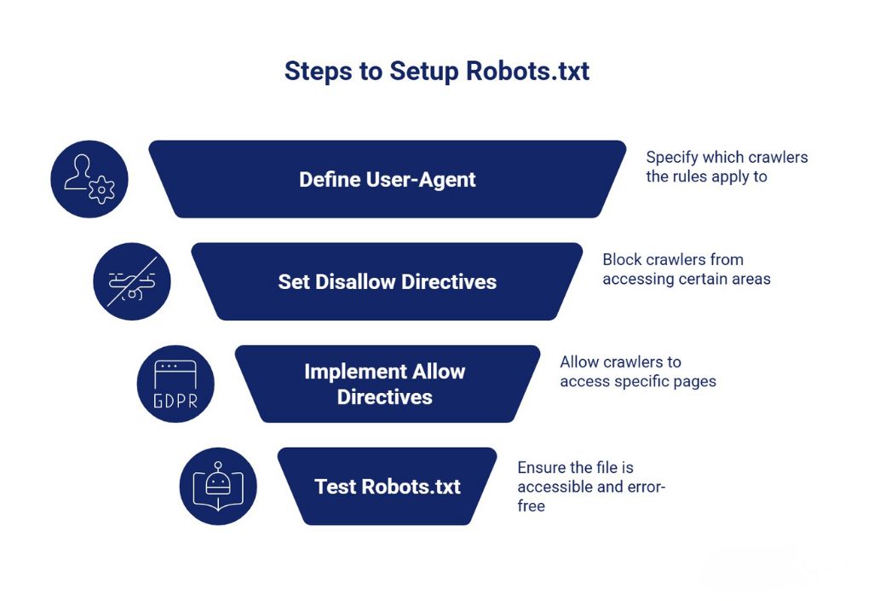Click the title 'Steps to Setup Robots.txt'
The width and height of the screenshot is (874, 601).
436,71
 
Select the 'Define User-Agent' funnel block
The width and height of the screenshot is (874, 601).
388,180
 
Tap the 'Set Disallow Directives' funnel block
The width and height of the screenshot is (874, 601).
387,282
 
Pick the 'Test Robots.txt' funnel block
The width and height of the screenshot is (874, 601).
388,487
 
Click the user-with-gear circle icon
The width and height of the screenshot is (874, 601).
89,179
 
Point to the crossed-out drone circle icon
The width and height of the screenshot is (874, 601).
132,282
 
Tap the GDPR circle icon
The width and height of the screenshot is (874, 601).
175,384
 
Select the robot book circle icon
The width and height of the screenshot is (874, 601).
218,487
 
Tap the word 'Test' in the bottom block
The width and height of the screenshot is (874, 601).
336,487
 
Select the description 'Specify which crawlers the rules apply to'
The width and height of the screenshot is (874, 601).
726,167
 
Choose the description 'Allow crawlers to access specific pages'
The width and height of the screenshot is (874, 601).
637,372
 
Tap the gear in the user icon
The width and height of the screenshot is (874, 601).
102,188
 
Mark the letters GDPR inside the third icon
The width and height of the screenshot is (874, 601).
175,401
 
